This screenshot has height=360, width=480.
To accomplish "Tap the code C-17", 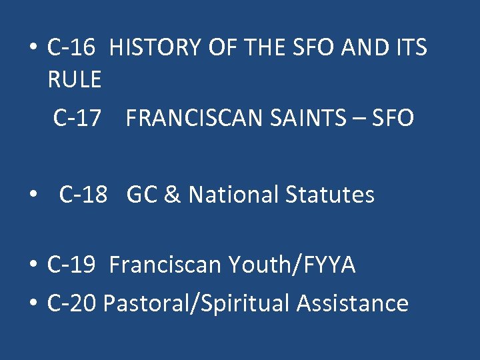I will click(x=78, y=119).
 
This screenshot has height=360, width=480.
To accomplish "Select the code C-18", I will click(x=83, y=195).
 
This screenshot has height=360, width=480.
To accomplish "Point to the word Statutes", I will click(x=330, y=195).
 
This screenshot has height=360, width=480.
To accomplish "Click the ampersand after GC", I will click(x=173, y=195).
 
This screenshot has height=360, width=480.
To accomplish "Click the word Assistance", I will click(x=353, y=303).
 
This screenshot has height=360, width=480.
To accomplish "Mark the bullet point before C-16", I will click(x=32, y=49).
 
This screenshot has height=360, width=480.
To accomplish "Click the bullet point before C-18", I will click(x=32, y=196).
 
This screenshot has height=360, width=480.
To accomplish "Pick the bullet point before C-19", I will click(x=32, y=267).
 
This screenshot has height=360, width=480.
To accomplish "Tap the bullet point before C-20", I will click(x=32, y=305).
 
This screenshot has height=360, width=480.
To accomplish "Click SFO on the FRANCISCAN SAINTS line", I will click(x=393, y=119).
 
